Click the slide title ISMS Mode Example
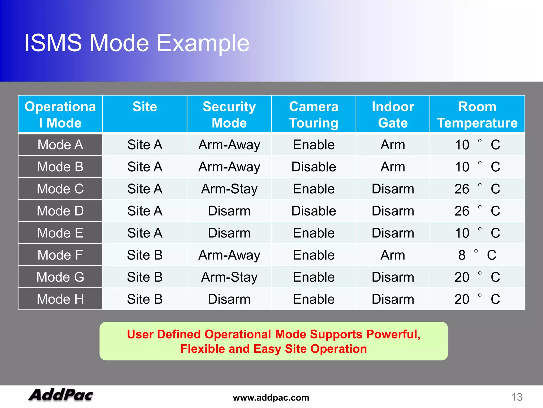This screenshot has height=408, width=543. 137,43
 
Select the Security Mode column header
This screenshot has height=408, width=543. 229,114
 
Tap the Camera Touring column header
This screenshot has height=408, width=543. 314,114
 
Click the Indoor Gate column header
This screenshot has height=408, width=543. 393,114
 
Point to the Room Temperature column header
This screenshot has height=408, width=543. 477,114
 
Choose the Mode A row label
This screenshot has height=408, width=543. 60,145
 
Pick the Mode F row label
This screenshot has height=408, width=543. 60,255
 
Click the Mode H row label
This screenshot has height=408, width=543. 60,299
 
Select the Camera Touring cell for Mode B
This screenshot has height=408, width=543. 314,167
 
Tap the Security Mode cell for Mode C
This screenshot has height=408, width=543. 229,189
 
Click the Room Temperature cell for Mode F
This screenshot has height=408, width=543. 477,255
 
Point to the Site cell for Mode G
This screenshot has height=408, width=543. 145,277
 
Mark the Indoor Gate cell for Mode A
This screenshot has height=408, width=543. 393,145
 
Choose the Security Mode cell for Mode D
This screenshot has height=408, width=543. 229,211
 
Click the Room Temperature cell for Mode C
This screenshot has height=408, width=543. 477,189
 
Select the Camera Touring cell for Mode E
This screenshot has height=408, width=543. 314,233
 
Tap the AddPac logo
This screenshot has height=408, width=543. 61,395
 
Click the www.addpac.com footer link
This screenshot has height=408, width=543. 271,398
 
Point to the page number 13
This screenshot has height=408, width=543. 516,397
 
